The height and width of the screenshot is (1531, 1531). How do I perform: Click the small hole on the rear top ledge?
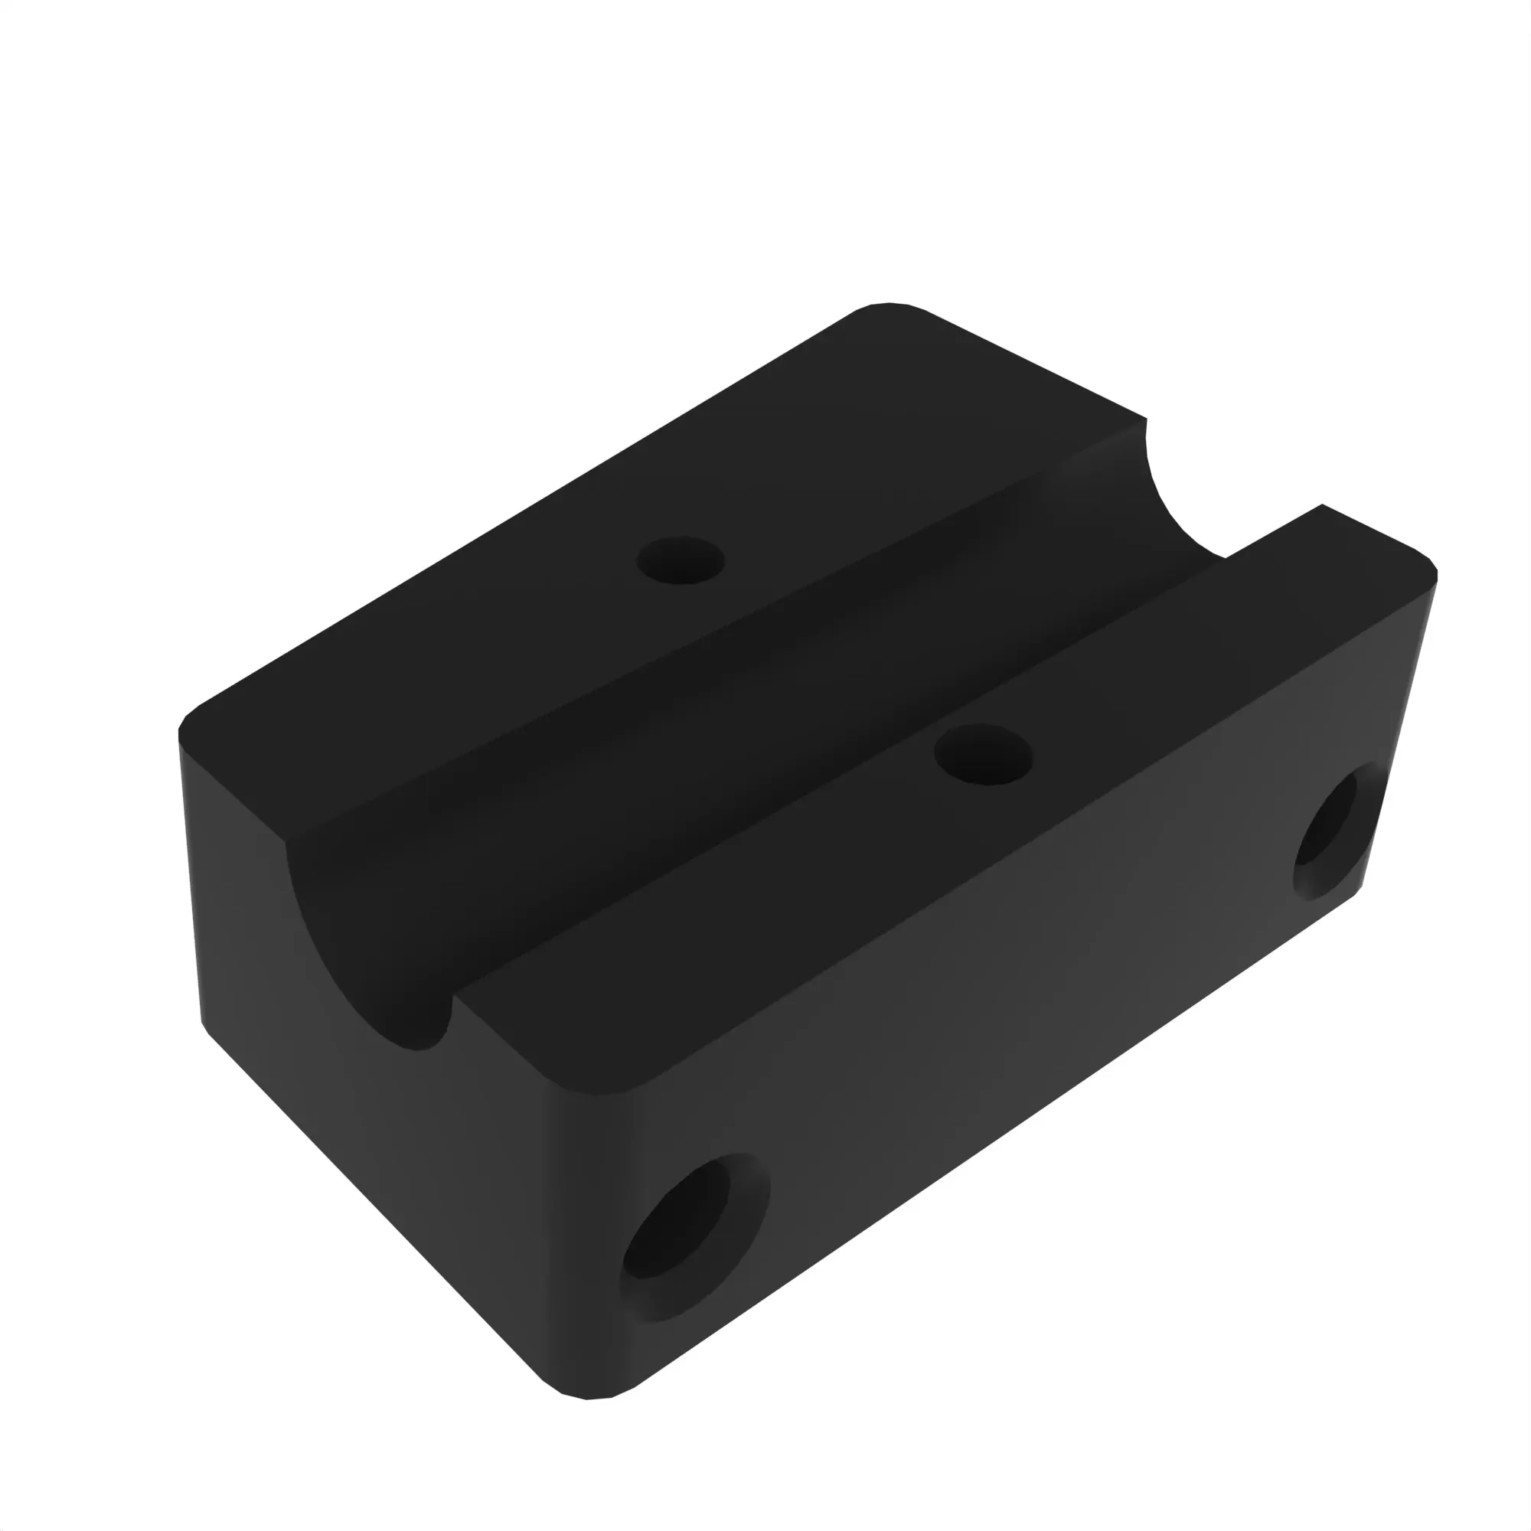[x=681, y=561]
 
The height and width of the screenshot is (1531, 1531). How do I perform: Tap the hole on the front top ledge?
[x=984, y=756]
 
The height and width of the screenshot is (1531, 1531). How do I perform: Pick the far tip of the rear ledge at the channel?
[x=1145, y=420]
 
